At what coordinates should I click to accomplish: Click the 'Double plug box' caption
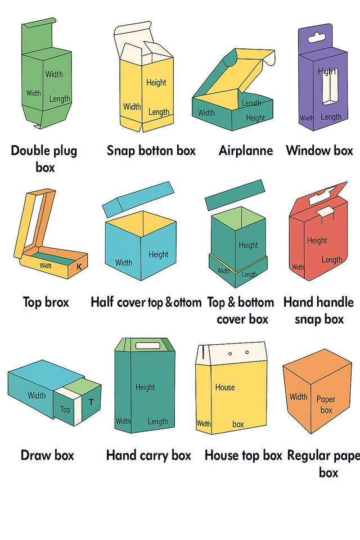(x=44, y=159)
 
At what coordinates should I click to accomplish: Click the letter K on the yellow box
(x=79, y=267)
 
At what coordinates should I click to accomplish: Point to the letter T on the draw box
(x=91, y=402)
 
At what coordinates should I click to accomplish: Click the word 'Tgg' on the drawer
(x=65, y=409)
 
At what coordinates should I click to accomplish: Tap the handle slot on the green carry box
(x=146, y=345)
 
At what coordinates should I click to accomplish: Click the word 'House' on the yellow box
(x=225, y=387)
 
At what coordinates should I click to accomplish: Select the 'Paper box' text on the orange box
(x=326, y=404)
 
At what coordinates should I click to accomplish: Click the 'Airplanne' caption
(x=246, y=151)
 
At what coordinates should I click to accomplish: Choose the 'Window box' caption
(x=319, y=150)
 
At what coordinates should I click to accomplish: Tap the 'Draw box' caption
(x=47, y=455)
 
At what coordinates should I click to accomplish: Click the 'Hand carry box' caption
(x=148, y=455)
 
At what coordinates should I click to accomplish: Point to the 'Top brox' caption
(x=46, y=302)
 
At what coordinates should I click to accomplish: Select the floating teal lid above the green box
(x=234, y=195)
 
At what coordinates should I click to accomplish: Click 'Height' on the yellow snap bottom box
(x=156, y=82)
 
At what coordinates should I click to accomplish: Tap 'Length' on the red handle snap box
(x=332, y=259)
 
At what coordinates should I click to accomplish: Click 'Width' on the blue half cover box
(x=124, y=262)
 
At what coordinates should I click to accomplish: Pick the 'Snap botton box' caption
(x=151, y=150)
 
